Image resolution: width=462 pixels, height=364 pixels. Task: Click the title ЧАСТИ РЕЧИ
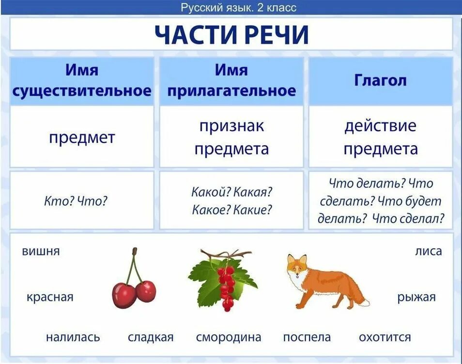point(231,34)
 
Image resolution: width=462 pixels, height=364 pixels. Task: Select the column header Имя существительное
point(81,80)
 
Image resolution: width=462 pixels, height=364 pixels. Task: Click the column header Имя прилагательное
point(231,80)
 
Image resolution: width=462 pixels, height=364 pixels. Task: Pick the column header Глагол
point(380,80)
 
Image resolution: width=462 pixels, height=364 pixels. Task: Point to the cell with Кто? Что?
point(75,201)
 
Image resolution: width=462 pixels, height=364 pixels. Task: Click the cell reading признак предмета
point(231,137)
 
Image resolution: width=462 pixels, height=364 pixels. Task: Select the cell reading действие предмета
point(380,137)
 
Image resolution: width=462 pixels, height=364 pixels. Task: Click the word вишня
point(41,251)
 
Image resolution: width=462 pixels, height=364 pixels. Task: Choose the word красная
point(50,297)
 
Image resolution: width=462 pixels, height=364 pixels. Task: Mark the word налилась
point(73,337)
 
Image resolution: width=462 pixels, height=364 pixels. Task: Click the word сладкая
point(151,337)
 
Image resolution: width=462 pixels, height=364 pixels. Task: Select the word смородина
point(229,337)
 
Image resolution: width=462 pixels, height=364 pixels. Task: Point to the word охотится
point(385,337)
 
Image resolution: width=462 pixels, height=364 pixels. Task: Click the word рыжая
point(416,297)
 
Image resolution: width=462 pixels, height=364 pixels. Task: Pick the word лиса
point(428,251)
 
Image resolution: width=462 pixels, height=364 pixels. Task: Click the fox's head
point(296,267)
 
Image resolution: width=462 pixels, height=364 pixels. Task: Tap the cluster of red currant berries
point(226,286)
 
